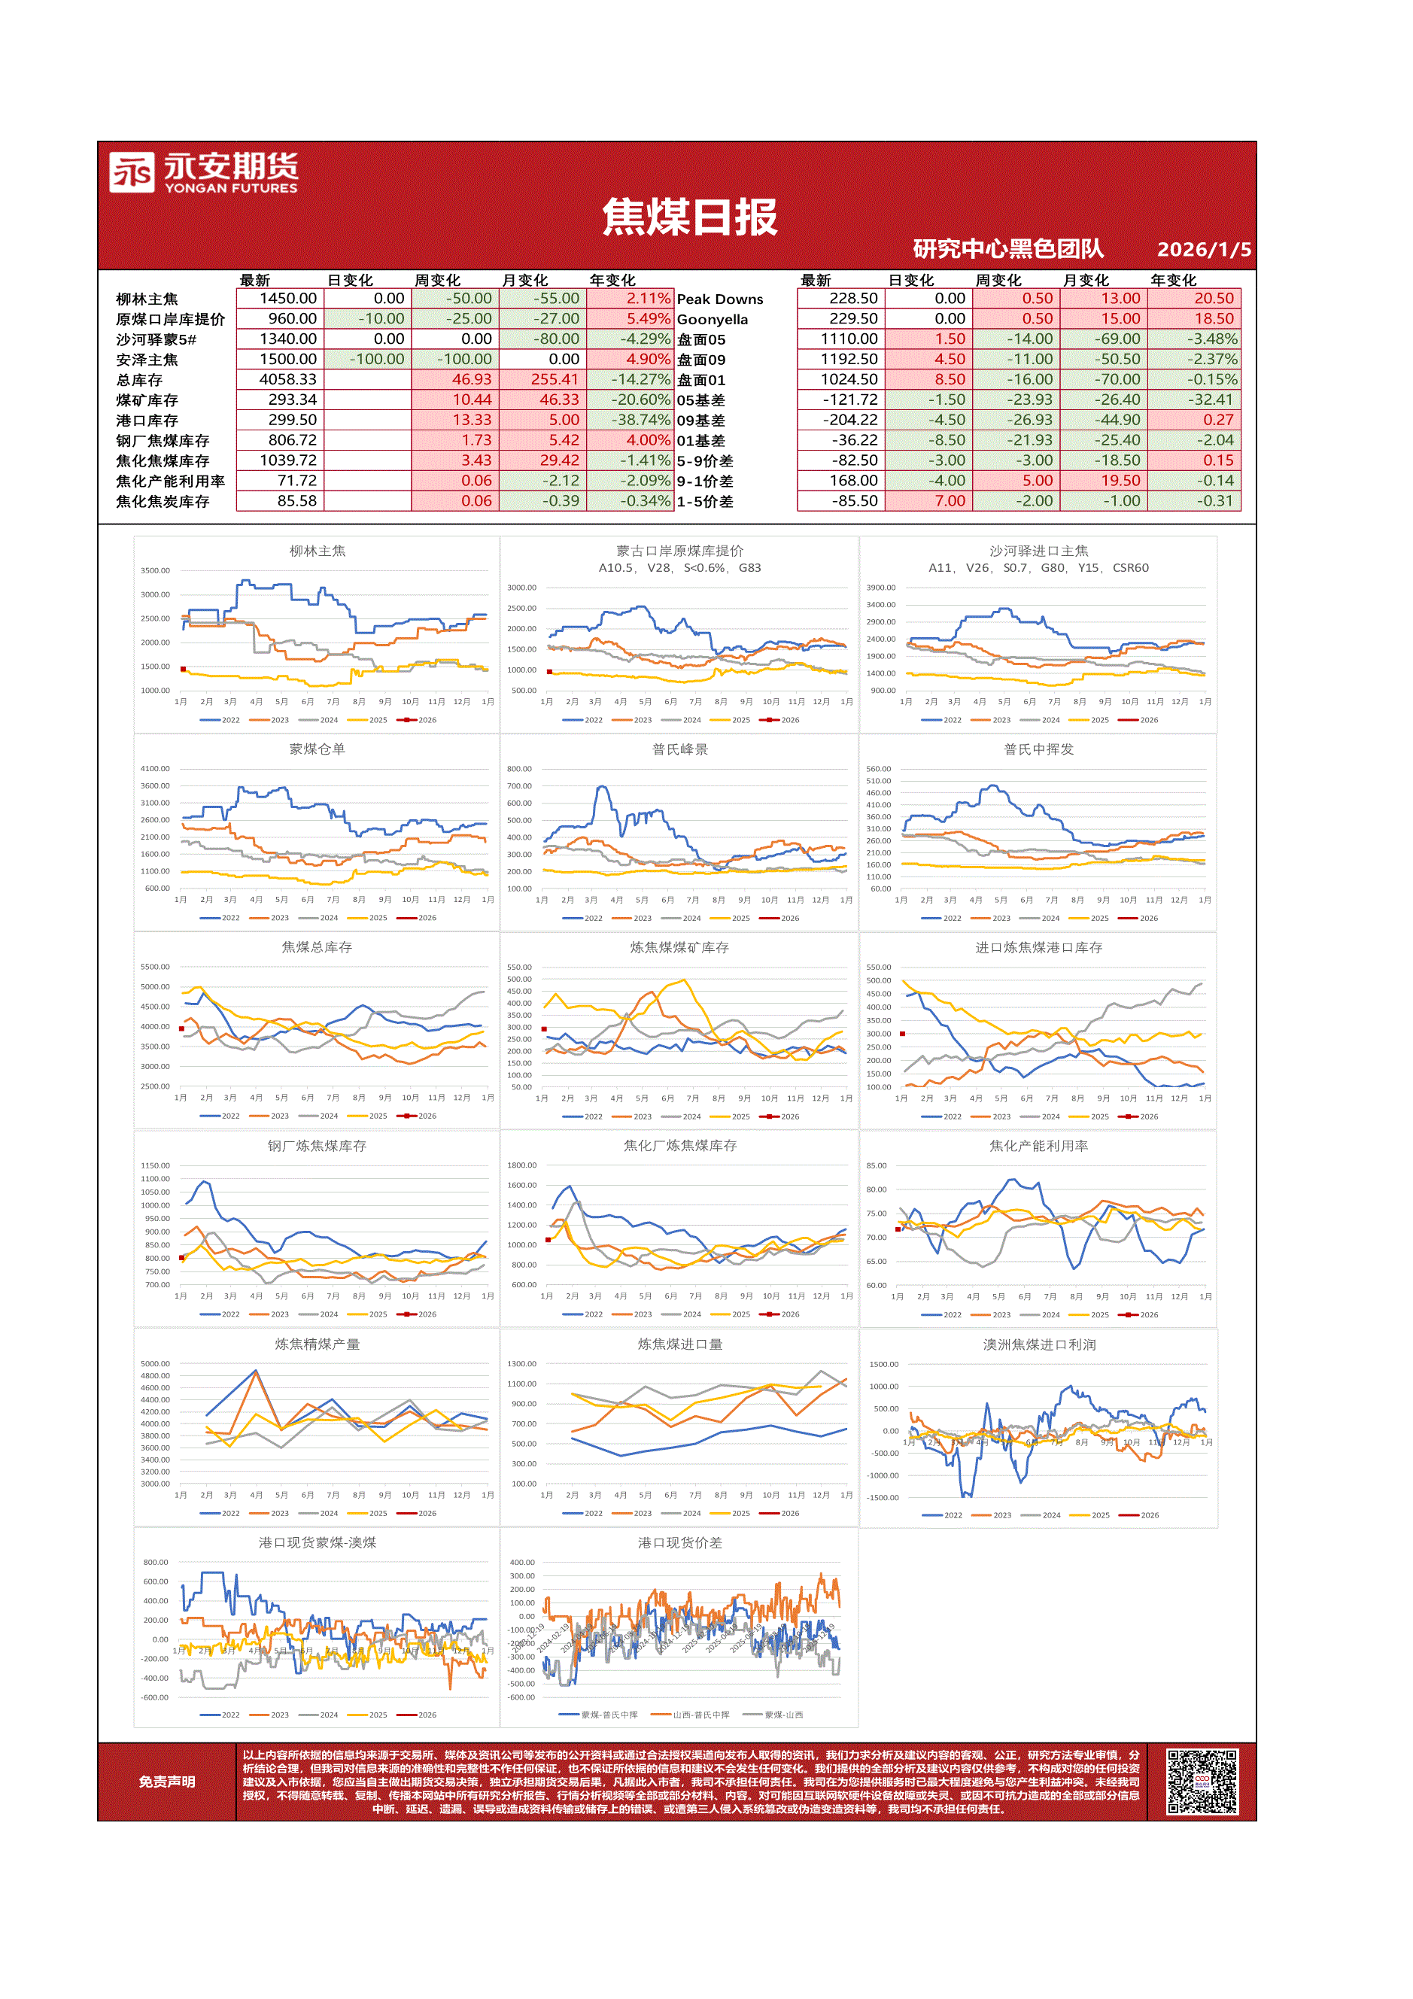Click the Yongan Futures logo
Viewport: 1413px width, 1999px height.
tap(203, 172)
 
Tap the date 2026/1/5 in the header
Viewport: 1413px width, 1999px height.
tap(1203, 250)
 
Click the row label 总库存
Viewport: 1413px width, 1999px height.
tap(139, 381)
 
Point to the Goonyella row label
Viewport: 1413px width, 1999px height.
tap(713, 320)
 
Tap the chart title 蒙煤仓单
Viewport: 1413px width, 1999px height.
tap(317, 749)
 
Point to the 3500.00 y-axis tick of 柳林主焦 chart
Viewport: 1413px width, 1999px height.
tap(156, 571)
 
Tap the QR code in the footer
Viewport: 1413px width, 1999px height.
tap(1202, 1782)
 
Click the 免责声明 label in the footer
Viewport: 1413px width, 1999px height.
tap(166, 1782)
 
